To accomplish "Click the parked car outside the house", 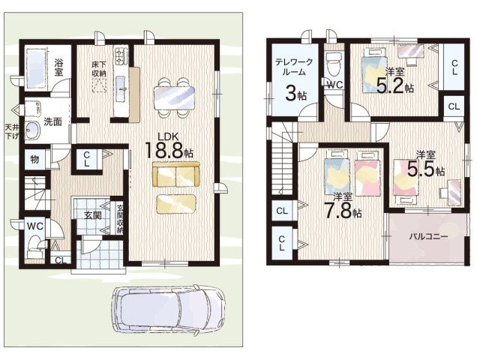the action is pos(168,310).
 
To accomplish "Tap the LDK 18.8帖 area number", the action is pos(169,150).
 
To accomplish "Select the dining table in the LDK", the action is pos(174,97).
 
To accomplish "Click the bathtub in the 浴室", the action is pos(36,67).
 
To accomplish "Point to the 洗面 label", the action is pos(52,122).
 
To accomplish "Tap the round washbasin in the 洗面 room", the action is pos(32,130).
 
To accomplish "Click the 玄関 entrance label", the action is pos(92,215).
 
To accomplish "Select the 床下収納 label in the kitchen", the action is pos(99,69).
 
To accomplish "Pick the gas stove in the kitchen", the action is pos(121,57).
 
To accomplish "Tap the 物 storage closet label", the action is pos(34,158).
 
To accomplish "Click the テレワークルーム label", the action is pos(294,67).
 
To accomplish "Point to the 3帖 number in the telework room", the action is pos(295,94).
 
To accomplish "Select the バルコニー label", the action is pos(428,237).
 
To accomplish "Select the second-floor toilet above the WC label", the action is pos(334,64).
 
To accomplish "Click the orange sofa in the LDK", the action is pos(176,174).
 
